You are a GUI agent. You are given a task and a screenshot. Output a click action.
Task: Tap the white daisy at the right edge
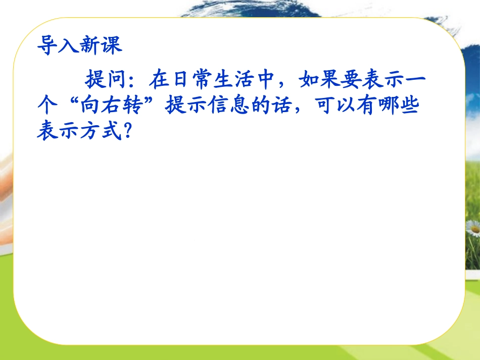click(x=474, y=229)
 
